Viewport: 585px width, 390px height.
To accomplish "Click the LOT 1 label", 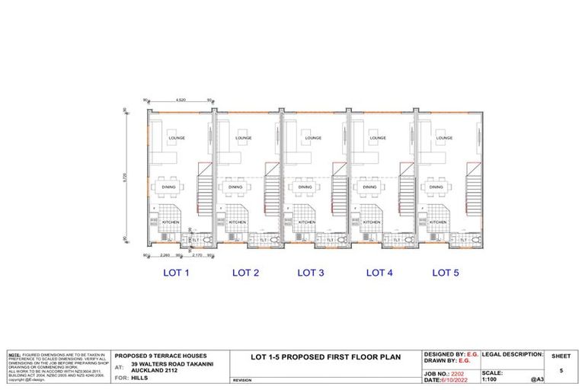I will click(x=177, y=272).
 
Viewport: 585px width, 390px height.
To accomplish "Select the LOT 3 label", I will click(x=311, y=272).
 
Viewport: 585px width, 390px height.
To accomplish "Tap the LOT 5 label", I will click(x=446, y=272).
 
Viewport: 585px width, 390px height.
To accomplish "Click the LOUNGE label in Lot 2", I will click(x=243, y=139).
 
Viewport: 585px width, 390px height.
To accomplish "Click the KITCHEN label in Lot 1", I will click(x=172, y=222).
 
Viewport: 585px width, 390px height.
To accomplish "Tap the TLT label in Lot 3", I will click(x=331, y=241).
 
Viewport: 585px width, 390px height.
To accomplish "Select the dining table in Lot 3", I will click(x=305, y=187).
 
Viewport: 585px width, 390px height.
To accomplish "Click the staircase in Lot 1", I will click(x=204, y=187).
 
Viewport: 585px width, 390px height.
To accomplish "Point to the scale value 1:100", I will click(x=492, y=379).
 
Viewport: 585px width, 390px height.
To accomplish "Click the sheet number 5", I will click(x=561, y=371).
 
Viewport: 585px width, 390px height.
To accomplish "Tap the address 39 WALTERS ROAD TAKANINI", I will click(x=171, y=364).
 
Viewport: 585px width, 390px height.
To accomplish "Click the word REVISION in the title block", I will click(x=242, y=379).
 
